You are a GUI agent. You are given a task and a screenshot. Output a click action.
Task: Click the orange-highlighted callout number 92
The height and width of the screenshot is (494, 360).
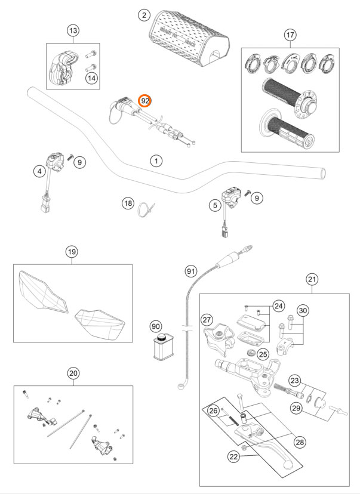click(x=145, y=101)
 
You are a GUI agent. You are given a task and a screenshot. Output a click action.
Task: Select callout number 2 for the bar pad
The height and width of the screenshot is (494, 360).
click(x=143, y=14)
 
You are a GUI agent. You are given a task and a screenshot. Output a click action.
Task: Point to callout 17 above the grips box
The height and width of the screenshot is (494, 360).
click(x=290, y=35)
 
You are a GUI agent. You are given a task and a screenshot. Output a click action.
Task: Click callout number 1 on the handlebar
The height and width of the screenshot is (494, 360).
click(x=155, y=161)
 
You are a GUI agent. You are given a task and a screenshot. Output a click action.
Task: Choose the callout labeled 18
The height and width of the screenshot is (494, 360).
click(x=127, y=204)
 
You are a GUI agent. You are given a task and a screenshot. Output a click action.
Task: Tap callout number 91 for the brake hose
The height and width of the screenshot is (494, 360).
click(x=190, y=271)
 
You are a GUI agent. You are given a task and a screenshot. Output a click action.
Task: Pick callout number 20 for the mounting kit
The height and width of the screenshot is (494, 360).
click(x=73, y=373)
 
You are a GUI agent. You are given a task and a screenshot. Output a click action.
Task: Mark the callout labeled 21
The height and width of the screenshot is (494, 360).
click(x=311, y=279)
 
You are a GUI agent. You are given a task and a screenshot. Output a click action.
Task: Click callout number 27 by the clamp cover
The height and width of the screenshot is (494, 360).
click(x=207, y=320)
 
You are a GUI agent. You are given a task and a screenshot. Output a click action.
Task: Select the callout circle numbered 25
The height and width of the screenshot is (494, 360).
click(x=263, y=354)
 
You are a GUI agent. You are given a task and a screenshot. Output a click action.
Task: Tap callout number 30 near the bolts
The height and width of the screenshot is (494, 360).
click(x=303, y=310)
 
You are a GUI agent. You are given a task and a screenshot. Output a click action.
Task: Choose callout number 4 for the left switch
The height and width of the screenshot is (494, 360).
click(x=39, y=171)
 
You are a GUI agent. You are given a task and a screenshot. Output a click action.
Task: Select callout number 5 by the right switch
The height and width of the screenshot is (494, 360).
click(x=213, y=206)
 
